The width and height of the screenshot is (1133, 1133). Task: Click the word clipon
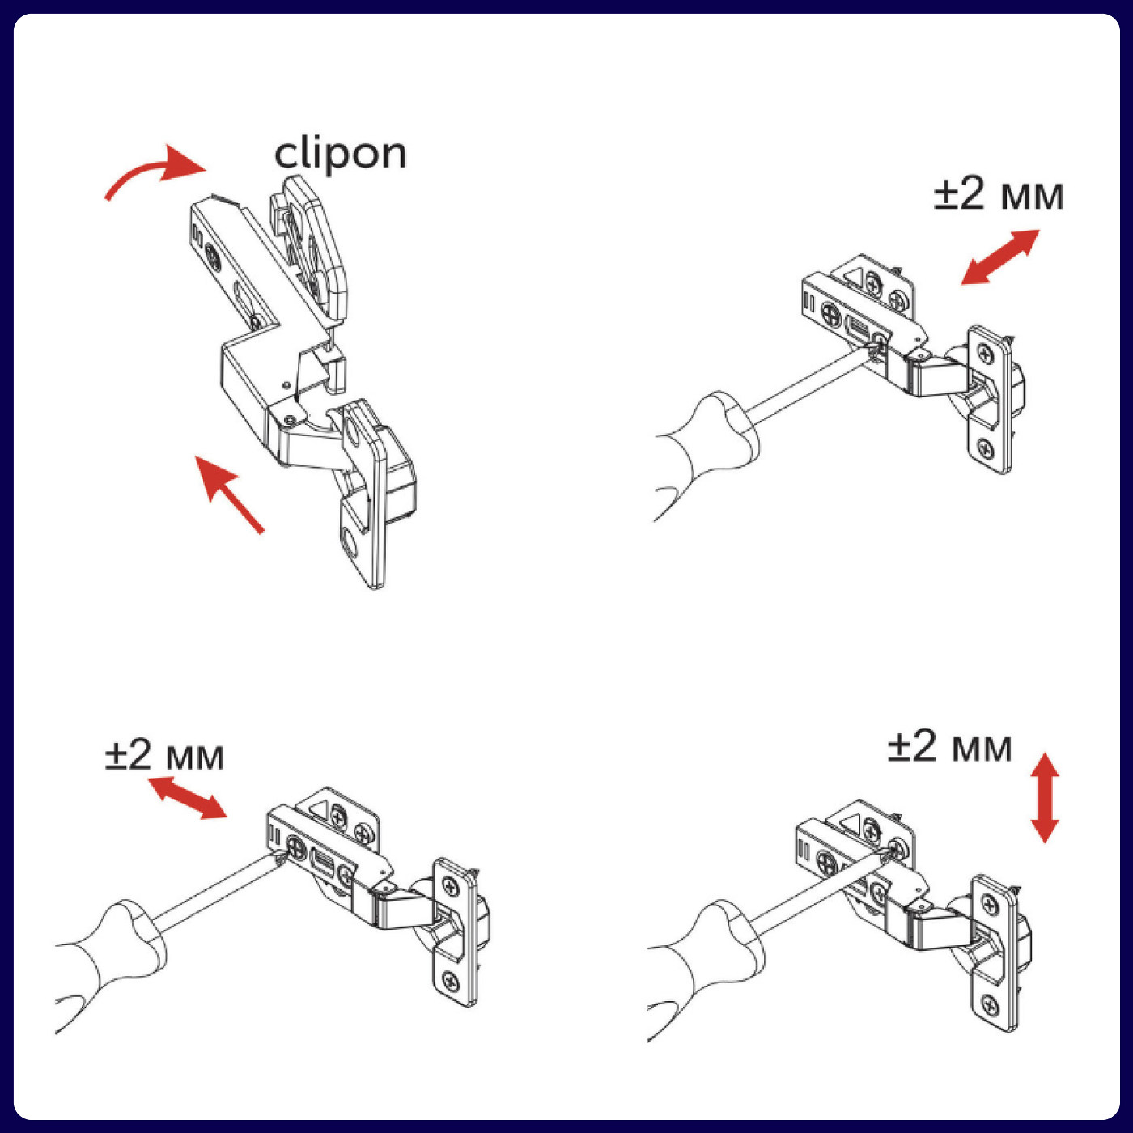coord(340,153)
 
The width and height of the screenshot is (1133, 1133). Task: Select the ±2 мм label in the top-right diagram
coord(998,195)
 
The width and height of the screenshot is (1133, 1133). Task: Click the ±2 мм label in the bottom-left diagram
coord(164,756)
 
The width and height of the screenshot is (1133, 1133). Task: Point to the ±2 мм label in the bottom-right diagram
coord(949,747)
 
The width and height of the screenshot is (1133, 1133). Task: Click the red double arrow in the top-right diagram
coord(1000,257)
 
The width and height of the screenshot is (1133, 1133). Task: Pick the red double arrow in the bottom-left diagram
coord(187,797)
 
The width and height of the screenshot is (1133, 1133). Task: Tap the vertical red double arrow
coord(1045,798)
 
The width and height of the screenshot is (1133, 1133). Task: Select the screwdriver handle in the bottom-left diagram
coord(113,955)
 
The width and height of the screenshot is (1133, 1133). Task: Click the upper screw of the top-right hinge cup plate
coord(985,354)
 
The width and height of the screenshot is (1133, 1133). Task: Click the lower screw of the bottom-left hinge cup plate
coord(450,982)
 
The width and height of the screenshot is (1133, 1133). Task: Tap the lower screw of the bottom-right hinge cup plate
coord(989,1005)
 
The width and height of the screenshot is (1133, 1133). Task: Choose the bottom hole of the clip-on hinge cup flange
coord(350,543)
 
